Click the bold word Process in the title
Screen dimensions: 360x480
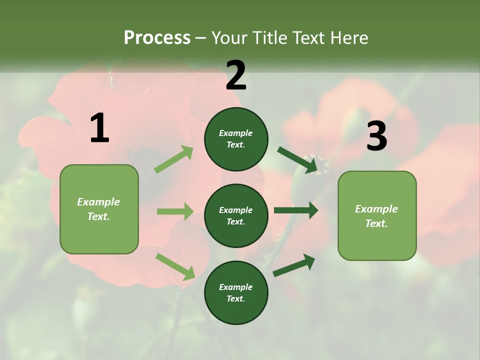pos(157,37)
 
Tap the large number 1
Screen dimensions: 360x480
pos(99,128)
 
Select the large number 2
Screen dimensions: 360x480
pos(236,75)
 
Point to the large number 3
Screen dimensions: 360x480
pos(376,136)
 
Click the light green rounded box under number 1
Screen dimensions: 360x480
pos(99,209)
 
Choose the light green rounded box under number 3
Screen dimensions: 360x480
pos(377,215)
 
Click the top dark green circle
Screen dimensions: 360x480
pos(236,139)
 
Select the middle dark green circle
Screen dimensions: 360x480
pos(236,215)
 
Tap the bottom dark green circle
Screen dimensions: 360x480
pos(236,292)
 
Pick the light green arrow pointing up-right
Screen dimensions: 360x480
pos(173,159)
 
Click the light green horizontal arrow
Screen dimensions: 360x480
pos(175,211)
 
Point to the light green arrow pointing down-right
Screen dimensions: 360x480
pos(175,266)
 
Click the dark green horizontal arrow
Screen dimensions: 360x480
pos(296,210)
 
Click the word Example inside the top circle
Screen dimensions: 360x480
pos(235,133)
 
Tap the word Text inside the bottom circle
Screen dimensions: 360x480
pos(235,298)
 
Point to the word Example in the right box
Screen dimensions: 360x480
pos(376,209)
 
